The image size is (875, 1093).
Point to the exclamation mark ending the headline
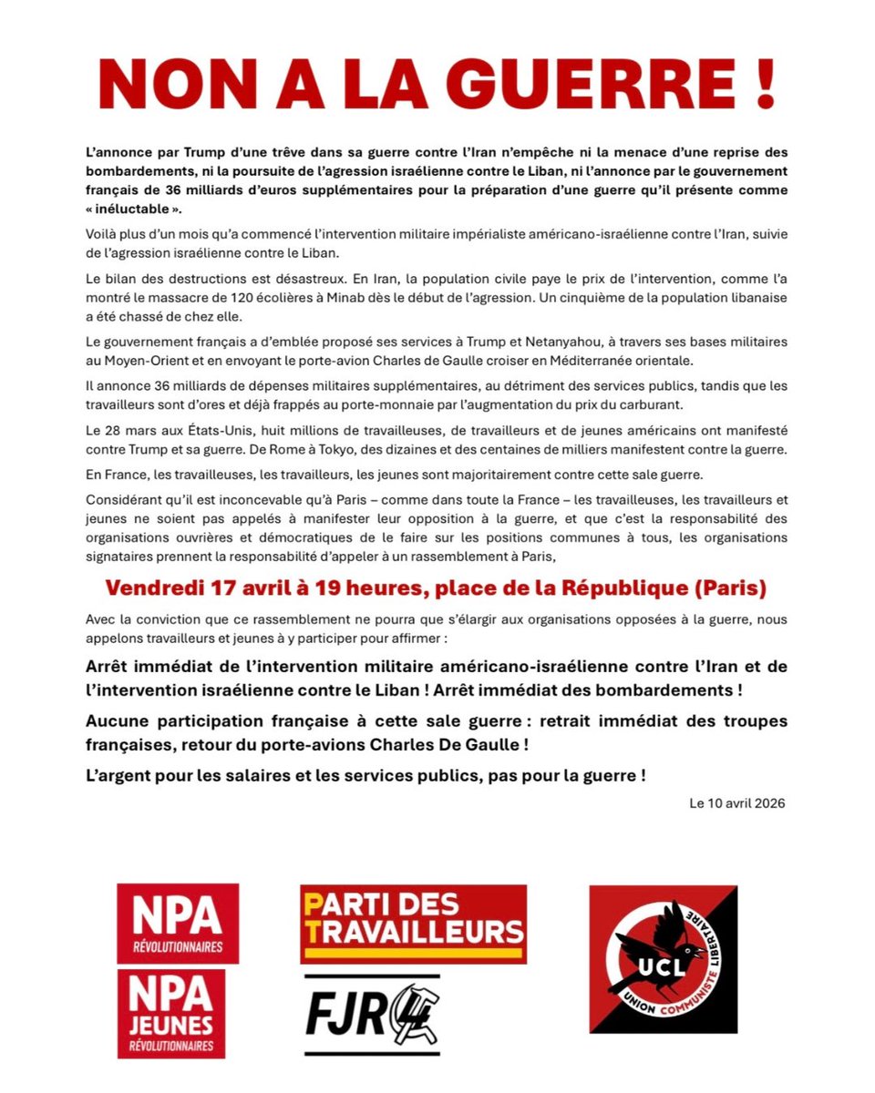pyautogui.click(x=764, y=86)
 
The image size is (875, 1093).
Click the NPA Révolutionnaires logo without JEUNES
pyautogui.click(x=178, y=923)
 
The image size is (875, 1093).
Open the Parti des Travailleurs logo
pyautogui.click(x=413, y=923)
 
